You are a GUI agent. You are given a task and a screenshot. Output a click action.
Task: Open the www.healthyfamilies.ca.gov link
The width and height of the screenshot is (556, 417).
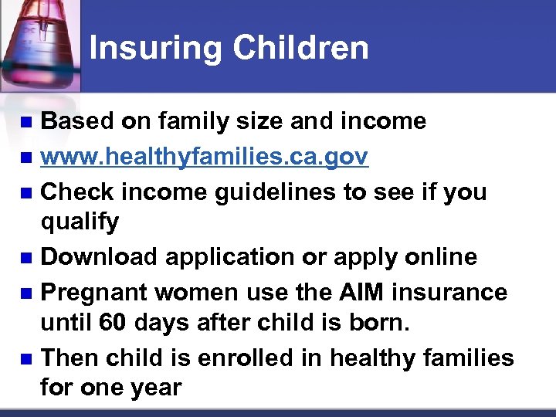coord(205,157)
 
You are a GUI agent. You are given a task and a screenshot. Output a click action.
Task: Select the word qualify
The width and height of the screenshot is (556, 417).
coord(80,223)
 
